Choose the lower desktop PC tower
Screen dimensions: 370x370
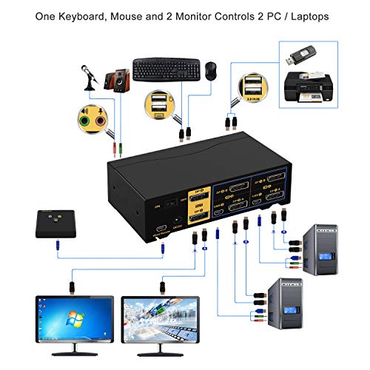click(x=295, y=306)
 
